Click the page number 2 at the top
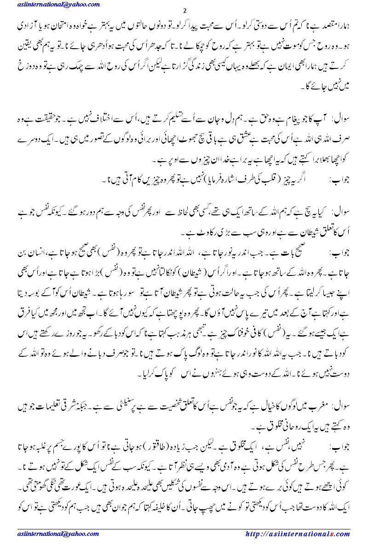(x=184, y=11)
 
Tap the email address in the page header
(x=51, y=4)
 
